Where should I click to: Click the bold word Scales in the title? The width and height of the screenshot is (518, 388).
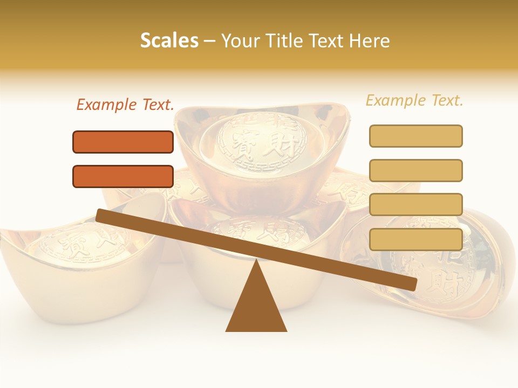click(x=169, y=40)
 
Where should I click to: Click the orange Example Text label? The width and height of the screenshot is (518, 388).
click(x=125, y=105)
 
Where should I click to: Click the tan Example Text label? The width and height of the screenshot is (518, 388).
click(x=414, y=100)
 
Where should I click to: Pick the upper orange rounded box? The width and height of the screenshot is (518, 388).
click(x=123, y=142)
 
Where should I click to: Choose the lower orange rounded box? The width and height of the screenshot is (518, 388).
click(x=123, y=176)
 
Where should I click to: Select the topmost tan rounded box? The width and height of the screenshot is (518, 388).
click(x=415, y=136)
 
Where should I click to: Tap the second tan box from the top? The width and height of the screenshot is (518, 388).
click(x=415, y=170)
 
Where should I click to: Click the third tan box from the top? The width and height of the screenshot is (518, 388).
click(x=415, y=204)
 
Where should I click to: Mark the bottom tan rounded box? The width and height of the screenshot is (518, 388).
click(x=415, y=239)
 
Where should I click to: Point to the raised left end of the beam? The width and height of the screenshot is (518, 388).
click(x=101, y=215)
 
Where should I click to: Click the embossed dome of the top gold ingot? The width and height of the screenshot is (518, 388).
click(x=263, y=140)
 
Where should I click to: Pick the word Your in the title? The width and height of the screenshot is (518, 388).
click(x=237, y=40)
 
